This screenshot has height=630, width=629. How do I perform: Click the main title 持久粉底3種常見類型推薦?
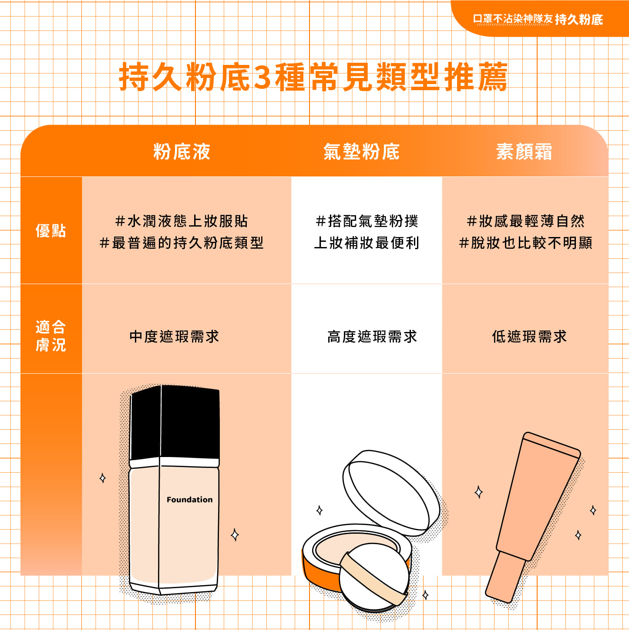313,77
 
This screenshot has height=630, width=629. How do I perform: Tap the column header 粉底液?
182,151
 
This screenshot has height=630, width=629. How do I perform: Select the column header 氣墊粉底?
361,151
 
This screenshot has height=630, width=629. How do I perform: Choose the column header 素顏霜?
524,151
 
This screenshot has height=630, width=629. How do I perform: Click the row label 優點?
50,230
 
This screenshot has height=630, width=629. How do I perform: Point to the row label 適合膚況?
50,336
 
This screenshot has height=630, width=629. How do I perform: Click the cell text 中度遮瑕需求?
174,336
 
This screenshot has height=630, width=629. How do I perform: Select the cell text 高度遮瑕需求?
372,336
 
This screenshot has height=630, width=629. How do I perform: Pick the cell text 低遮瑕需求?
529,336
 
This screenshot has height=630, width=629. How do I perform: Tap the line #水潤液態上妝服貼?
182,221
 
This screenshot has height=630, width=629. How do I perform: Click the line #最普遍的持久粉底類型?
182,243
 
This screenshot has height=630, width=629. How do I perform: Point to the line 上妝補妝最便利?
367,243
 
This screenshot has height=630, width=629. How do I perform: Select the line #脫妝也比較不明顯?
525,243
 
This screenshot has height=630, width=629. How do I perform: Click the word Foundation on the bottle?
189,500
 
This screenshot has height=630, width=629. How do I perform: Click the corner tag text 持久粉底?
579,20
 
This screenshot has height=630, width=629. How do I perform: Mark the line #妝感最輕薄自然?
525,221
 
